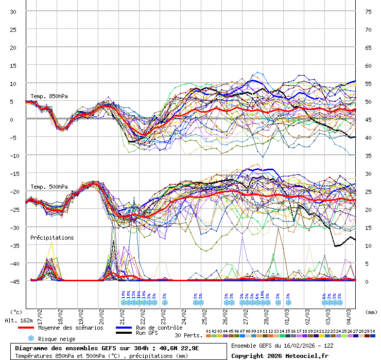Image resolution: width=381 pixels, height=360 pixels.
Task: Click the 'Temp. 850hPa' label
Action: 49,97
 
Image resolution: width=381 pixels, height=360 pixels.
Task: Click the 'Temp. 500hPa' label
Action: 49,187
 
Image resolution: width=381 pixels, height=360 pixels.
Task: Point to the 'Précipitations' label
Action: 52,238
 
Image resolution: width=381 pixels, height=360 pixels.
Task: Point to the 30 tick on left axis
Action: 13,12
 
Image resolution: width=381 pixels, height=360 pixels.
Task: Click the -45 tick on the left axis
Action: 13,281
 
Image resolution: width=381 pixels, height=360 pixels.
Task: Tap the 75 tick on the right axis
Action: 368,12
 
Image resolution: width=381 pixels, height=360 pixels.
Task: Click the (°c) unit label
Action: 16,312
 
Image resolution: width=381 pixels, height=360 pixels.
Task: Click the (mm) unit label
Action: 371,312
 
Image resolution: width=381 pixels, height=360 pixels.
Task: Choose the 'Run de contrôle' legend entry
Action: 159,328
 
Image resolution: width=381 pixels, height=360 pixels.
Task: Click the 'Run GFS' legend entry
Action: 147,333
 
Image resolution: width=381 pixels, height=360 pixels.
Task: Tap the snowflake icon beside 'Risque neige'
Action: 31,339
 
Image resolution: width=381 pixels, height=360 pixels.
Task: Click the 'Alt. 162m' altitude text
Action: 19,320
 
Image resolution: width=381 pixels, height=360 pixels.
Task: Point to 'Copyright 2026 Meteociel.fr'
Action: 280,355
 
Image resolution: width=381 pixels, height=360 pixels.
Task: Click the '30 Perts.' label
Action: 188,335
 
